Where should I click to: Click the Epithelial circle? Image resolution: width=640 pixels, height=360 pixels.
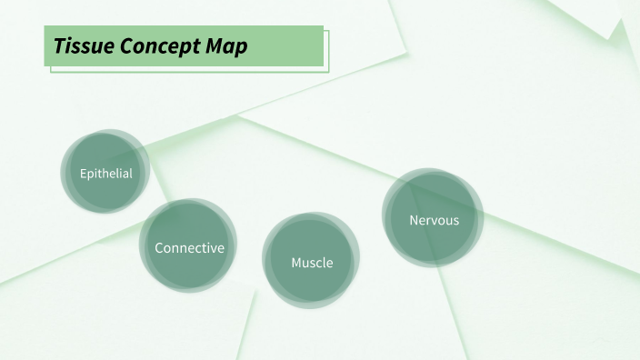tap(105, 173)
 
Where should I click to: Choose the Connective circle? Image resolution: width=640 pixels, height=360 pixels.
tap(188, 246)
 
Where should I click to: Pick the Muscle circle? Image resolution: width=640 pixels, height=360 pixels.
tap(311, 261)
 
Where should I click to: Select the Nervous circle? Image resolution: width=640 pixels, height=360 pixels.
tap(433, 219)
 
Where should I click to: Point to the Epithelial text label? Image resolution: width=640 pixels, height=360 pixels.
tap(105, 174)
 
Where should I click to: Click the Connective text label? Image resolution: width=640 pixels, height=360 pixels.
tap(189, 247)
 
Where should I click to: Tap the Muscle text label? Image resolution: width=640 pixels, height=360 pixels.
tap(312, 263)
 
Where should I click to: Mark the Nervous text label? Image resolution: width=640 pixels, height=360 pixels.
tap(435, 220)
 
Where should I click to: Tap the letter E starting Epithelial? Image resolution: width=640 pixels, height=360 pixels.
tap(83, 174)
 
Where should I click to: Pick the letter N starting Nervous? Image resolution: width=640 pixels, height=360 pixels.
tap(414, 220)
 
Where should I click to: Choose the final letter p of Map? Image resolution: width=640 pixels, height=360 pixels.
tap(241, 47)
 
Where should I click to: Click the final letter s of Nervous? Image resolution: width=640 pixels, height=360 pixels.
tap(455, 220)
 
